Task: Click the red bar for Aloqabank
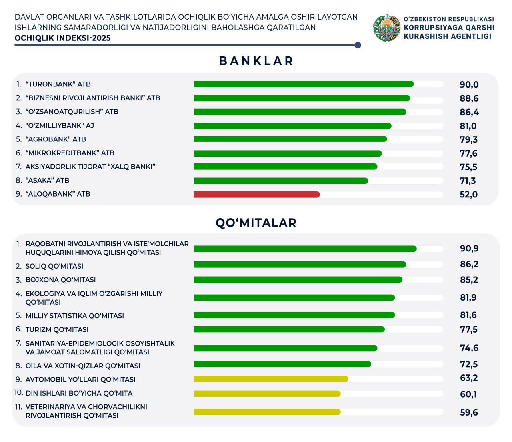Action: tap(256, 195)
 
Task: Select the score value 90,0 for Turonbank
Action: tap(469, 84)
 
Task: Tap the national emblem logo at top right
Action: tap(386, 28)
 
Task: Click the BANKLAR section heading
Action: tap(256, 61)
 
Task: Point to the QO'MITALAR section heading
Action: tap(256, 223)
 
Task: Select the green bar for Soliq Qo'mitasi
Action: tap(300, 265)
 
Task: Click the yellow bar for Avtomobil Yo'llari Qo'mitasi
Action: tap(271, 379)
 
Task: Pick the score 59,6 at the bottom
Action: tap(469, 412)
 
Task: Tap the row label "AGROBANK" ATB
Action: tap(56, 139)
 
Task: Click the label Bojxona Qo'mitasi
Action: tap(60, 280)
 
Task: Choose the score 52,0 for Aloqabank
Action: tap(468, 195)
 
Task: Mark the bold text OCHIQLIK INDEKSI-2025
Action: tap(62, 38)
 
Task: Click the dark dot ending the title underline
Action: tap(358, 45)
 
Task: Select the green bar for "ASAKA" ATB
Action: tap(280, 181)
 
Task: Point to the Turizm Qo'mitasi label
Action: tap(57, 329)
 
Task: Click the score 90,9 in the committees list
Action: tap(469, 249)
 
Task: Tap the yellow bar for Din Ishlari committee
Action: tap(267, 394)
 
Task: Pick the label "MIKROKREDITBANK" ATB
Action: tap(70, 153)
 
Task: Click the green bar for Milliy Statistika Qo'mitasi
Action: tap(294, 315)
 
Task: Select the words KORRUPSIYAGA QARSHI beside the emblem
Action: tap(449, 28)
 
